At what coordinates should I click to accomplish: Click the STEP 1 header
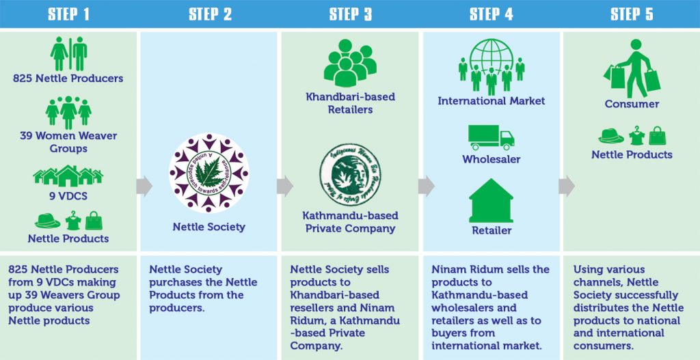point(68,14)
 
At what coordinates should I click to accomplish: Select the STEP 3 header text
point(350,14)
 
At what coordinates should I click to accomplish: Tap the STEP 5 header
point(632,14)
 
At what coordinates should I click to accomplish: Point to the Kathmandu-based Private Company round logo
point(350,174)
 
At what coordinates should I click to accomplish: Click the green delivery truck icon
point(491,137)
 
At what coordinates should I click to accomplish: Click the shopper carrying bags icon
point(632,68)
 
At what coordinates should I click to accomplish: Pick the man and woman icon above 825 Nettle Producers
point(68,54)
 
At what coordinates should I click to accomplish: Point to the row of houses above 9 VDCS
point(68,176)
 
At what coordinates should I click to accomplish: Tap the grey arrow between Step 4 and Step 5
point(567,185)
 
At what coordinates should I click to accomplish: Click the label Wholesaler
point(491,159)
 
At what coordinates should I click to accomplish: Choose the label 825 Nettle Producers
point(68,79)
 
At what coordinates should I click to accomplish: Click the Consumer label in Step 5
point(632,104)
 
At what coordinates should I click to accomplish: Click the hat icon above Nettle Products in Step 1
point(47,220)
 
